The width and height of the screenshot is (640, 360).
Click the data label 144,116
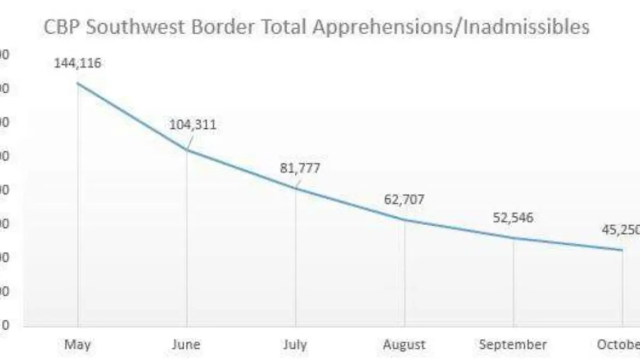(77, 63)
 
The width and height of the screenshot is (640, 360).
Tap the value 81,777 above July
(300, 168)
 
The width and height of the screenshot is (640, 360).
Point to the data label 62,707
(404, 200)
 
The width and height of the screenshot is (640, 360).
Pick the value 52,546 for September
(513, 218)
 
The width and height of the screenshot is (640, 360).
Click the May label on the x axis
(78, 345)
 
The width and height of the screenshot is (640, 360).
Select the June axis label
(186, 345)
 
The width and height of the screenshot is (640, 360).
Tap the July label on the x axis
(294, 345)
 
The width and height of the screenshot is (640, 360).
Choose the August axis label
(404, 345)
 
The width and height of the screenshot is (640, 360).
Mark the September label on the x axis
(513, 345)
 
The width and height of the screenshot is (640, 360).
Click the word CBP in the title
(62, 27)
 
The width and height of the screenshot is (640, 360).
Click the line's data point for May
(78, 83)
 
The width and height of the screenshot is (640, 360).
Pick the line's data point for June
(187, 150)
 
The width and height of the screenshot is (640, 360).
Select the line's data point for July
(295, 188)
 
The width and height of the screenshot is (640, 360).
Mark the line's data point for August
(405, 220)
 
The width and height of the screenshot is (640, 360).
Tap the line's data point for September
(514, 237)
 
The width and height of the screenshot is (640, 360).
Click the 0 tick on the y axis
(5, 325)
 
